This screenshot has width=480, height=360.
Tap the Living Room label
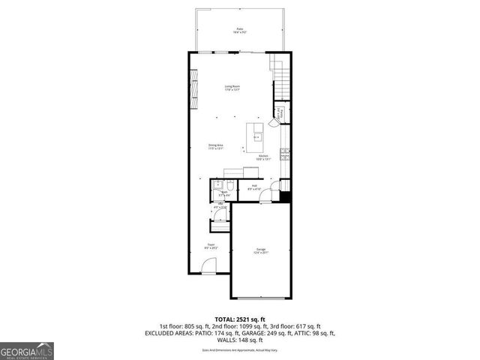pyautogui.click(x=232, y=88)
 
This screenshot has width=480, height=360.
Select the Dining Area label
pyautogui.click(x=215, y=147)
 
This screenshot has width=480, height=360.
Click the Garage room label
pyautogui.click(x=260, y=251)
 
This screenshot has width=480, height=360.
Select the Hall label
pyautogui.click(x=254, y=187)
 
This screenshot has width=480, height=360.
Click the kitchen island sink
pyautogui.click(x=256, y=137)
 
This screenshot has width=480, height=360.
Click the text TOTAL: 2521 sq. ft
pyautogui.click(x=240, y=319)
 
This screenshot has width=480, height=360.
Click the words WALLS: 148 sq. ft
pyautogui.click(x=240, y=339)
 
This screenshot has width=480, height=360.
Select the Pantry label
pyautogui.click(x=278, y=113)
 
